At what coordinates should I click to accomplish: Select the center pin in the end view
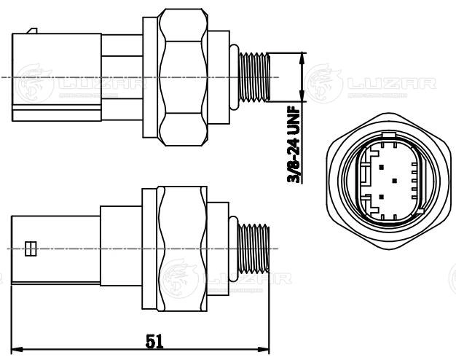pyautogui.click(x=394, y=179)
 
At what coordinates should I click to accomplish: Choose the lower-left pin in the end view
pyautogui.click(x=380, y=197)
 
